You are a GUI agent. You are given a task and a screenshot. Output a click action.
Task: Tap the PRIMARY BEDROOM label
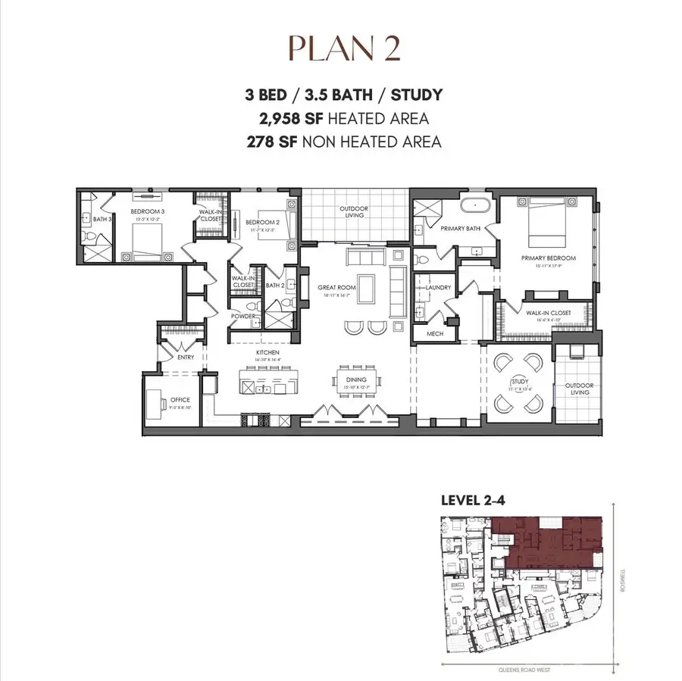click(548, 258)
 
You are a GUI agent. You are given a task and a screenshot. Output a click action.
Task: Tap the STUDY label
click(519, 382)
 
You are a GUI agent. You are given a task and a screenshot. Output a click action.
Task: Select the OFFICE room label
click(180, 400)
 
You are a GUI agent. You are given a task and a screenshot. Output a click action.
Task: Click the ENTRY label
click(185, 357)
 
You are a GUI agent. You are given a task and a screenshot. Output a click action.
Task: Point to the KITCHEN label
click(267, 353)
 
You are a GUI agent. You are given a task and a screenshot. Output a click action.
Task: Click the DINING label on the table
click(355, 380)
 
